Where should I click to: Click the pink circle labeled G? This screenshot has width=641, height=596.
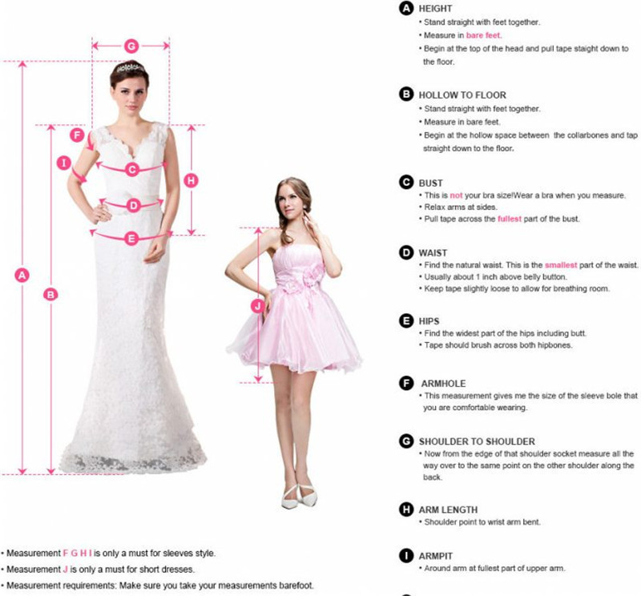(x=131, y=46)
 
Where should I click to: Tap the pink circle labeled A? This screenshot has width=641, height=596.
(x=22, y=275)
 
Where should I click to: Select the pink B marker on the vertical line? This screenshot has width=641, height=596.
(x=50, y=294)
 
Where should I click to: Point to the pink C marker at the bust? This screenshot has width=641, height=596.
(x=132, y=169)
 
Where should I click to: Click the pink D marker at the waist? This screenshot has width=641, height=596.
(x=134, y=205)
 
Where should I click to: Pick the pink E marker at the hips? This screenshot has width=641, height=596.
(x=131, y=238)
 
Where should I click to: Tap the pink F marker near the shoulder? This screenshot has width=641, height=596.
(x=77, y=135)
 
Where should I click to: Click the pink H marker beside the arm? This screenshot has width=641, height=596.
(x=191, y=180)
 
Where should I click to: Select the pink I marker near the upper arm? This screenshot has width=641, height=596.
(x=64, y=163)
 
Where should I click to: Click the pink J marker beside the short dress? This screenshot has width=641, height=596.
(x=258, y=306)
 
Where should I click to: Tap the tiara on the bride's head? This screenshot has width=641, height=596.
(x=130, y=67)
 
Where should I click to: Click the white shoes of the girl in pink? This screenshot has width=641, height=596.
(x=299, y=497)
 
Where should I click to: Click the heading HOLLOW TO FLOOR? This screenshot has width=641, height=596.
(x=462, y=95)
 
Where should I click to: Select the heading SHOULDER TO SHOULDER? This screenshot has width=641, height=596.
(x=477, y=441)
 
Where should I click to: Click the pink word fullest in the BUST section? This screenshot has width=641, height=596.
(x=510, y=219)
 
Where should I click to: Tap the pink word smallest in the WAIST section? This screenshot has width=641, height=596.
(x=561, y=265)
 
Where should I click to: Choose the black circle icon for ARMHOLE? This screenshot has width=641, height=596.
(x=406, y=384)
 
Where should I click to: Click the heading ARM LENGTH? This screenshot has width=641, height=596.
(x=448, y=509)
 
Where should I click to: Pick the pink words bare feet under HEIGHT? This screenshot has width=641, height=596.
(x=484, y=35)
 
